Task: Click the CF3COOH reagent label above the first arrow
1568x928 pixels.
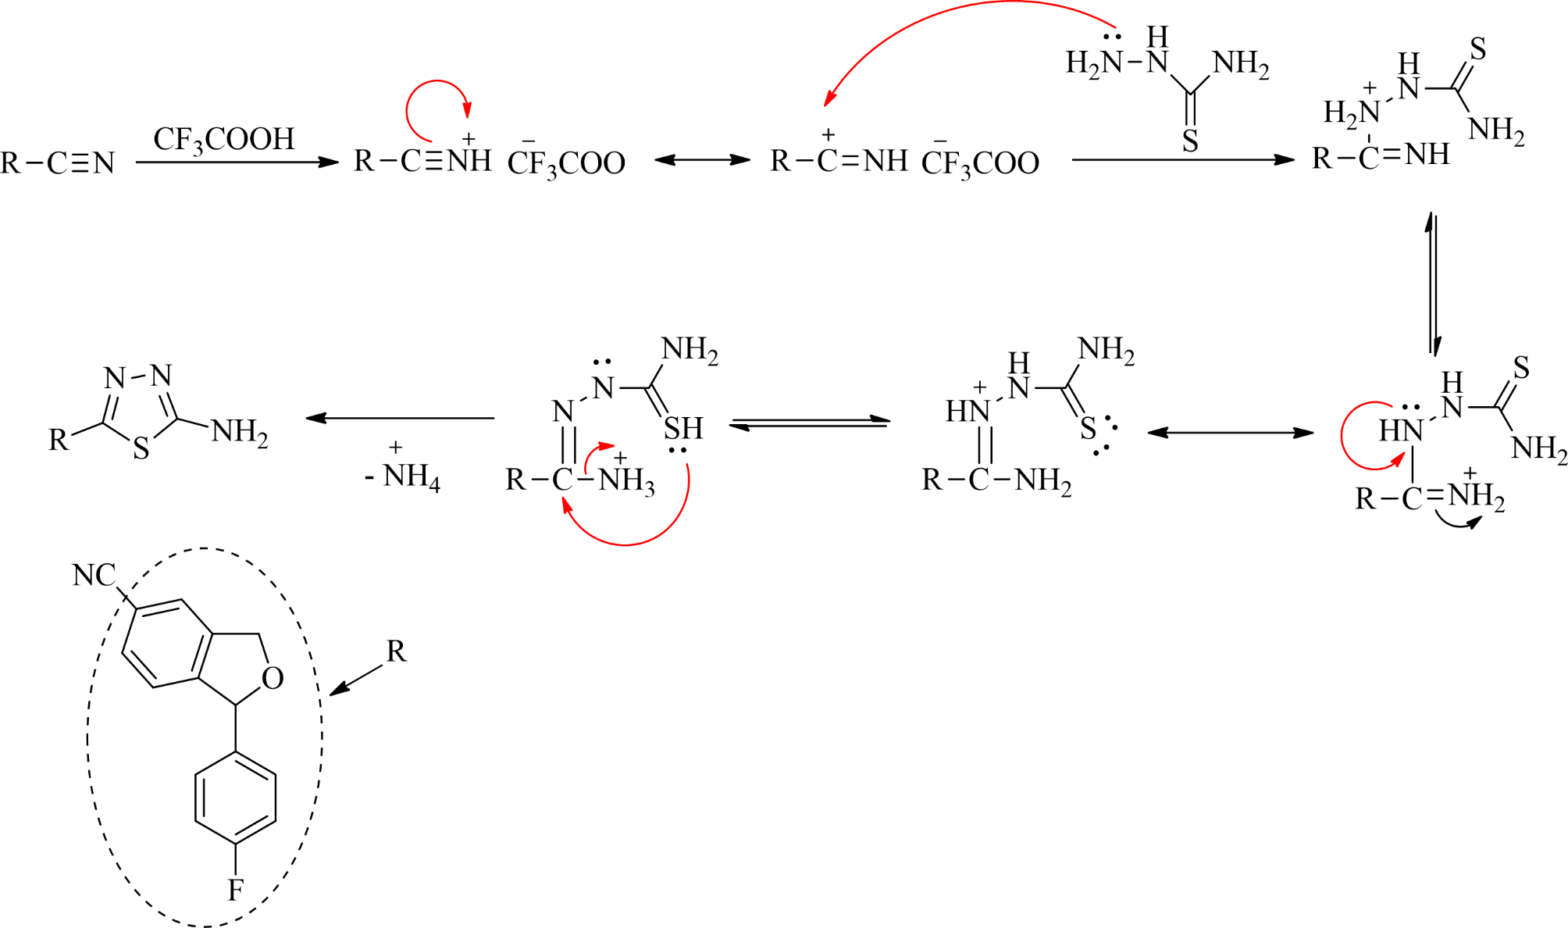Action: pyautogui.click(x=224, y=140)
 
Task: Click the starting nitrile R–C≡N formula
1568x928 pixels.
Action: pyautogui.click(x=58, y=163)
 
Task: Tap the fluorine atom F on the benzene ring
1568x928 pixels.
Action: pyautogui.click(x=235, y=889)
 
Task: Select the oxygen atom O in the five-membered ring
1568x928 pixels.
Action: pyautogui.click(x=273, y=678)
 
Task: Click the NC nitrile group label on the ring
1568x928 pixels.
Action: pyautogui.click(x=94, y=576)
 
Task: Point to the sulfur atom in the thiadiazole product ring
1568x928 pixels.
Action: pyautogui.click(x=141, y=448)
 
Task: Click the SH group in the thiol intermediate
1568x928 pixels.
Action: pyautogui.click(x=683, y=428)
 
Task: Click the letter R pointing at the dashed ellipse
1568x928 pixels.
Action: pyautogui.click(x=396, y=651)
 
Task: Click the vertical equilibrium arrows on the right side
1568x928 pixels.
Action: pyautogui.click(x=1433, y=284)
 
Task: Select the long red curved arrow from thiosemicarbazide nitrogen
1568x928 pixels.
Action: pyautogui.click(x=953, y=23)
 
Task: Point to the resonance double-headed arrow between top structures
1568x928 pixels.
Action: pyautogui.click(x=702, y=160)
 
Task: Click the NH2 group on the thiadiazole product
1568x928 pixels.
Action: pyautogui.click(x=240, y=431)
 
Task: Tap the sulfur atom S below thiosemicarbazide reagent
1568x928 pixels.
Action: pyautogui.click(x=1190, y=141)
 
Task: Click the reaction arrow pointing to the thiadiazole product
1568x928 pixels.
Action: pyautogui.click(x=400, y=418)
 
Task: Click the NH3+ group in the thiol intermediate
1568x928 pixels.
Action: pyautogui.click(x=626, y=479)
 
